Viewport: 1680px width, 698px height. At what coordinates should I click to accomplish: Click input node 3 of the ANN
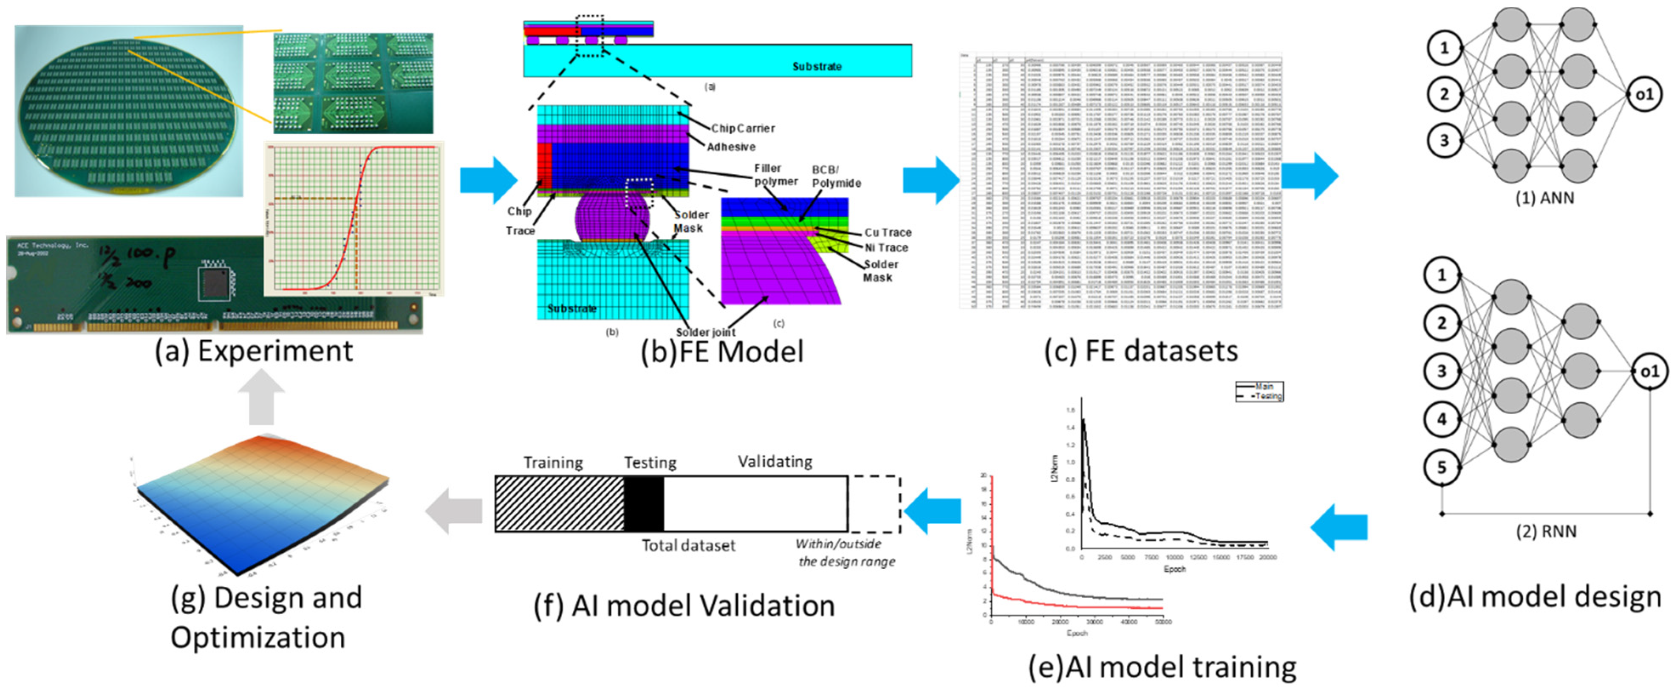(1444, 140)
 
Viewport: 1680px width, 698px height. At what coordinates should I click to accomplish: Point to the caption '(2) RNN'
(1546, 531)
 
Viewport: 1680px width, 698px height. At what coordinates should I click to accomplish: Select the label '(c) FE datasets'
(1141, 352)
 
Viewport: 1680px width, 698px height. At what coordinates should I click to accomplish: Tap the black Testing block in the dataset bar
(644, 503)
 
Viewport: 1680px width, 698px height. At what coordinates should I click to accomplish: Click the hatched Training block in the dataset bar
(559, 503)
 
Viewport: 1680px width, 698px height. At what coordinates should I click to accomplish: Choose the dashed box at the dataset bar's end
(874, 503)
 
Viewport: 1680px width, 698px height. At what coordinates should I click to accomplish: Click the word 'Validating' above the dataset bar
(775, 462)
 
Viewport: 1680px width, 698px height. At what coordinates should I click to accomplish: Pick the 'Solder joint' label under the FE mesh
(706, 332)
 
